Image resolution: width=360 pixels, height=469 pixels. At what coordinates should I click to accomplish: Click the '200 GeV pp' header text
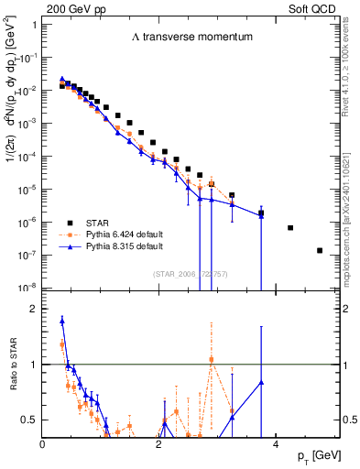click(x=73, y=8)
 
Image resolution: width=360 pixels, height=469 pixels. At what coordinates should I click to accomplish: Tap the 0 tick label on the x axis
click(x=43, y=444)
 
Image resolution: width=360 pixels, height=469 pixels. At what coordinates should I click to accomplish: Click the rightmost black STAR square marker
click(x=320, y=250)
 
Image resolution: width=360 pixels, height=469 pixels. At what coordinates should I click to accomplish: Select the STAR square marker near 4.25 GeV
click(x=290, y=228)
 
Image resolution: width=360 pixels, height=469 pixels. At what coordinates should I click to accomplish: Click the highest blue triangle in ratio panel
click(x=61, y=321)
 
